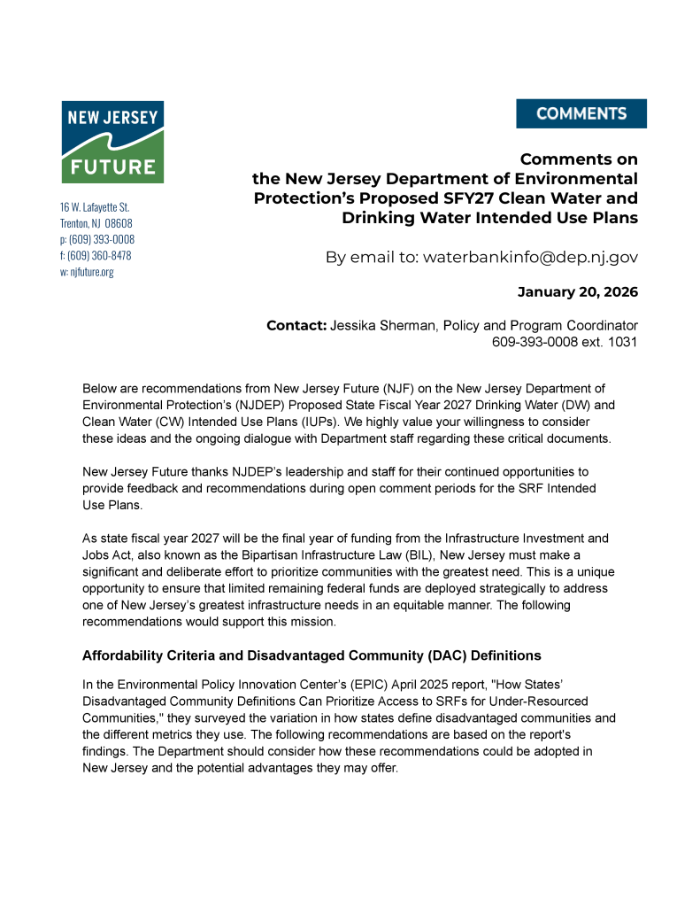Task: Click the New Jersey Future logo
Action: point(112,142)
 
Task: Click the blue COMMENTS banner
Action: point(581,113)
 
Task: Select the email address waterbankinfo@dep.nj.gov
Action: point(530,257)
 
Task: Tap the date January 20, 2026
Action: point(577,291)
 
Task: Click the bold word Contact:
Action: point(296,325)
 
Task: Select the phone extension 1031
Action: point(622,341)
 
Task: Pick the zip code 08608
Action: point(119,222)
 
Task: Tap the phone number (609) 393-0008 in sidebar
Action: point(101,239)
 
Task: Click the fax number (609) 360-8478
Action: point(99,255)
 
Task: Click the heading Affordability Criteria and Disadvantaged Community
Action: point(312,655)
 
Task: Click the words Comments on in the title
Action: point(578,159)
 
